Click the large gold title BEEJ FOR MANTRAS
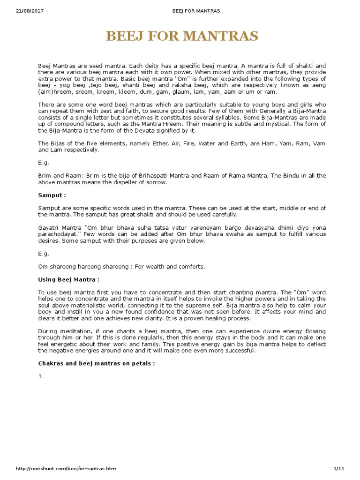[182, 36]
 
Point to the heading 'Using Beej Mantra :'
[68, 279]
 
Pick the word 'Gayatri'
[48, 228]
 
